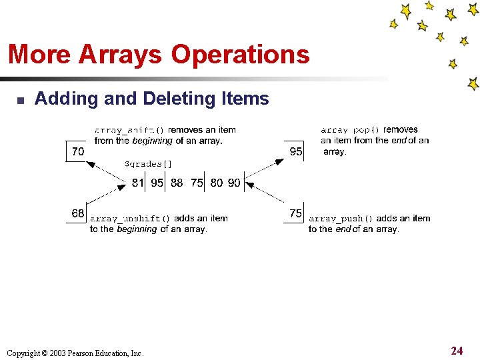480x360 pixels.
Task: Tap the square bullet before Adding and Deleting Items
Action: coord(20,101)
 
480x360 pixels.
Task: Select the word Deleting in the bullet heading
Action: coord(174,99)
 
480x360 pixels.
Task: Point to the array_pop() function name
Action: coord(350,131)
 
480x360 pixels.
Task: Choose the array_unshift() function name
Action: coord(131,219)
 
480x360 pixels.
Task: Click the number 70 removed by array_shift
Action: coord(78,152)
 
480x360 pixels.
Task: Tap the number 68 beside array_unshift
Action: coord(78,214)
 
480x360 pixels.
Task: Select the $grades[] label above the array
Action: coord(148,164)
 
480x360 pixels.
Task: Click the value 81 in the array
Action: coord(138,183)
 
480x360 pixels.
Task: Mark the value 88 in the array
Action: coord(177,183)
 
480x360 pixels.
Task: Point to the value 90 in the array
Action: coord(233,183)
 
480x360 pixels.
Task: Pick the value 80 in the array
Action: coord(217,183)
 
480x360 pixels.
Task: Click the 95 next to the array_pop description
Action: coord(296,152)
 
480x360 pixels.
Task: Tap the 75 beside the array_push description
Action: coord(296,214)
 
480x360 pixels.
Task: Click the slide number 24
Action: coord(457,351)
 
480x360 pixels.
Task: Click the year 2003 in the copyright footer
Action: coord(49,353)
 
